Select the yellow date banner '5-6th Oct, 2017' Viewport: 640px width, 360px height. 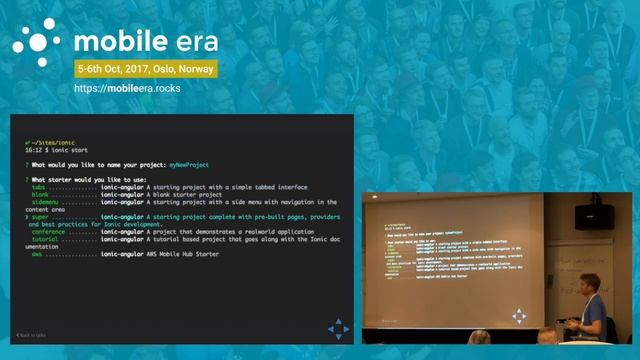coord(148,71)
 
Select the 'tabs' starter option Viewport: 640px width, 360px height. coord(39,187)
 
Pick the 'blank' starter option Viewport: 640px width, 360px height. coord(40,194)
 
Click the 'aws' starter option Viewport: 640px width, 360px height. coord(36,255)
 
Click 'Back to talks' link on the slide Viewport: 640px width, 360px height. coord(32,333)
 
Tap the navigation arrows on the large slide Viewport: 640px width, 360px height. coord(339,328)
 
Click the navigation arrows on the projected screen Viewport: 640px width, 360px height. coord(519,316)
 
